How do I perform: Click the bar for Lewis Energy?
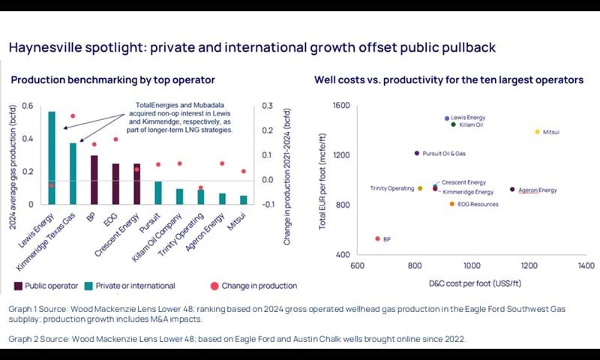pos(52,157)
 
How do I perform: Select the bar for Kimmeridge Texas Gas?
pos(73,173)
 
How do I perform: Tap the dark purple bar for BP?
pos(94,180)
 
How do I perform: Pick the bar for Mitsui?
pos(243,199)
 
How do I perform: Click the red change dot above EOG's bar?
pos(115,139)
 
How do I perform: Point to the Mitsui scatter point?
pos(537,132)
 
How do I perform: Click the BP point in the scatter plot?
pos(377,238)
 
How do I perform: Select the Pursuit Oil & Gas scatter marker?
pos(417,153)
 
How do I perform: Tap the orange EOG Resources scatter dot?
pos(451,204)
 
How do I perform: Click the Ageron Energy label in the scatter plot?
pos(538,190)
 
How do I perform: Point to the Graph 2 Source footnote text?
pos(237,339)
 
